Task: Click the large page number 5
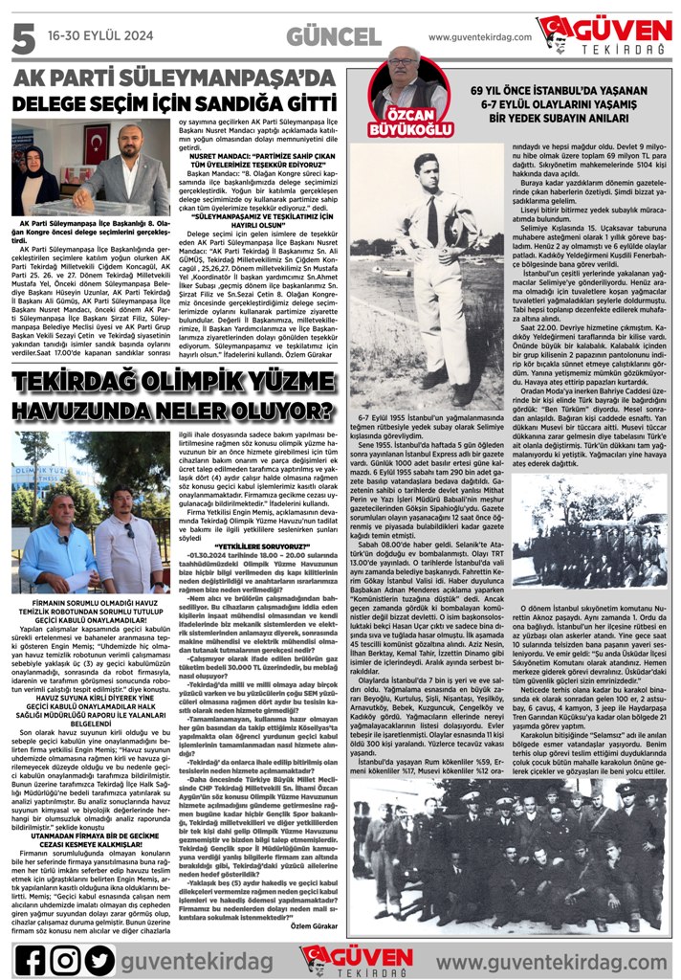tap(20, 38)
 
